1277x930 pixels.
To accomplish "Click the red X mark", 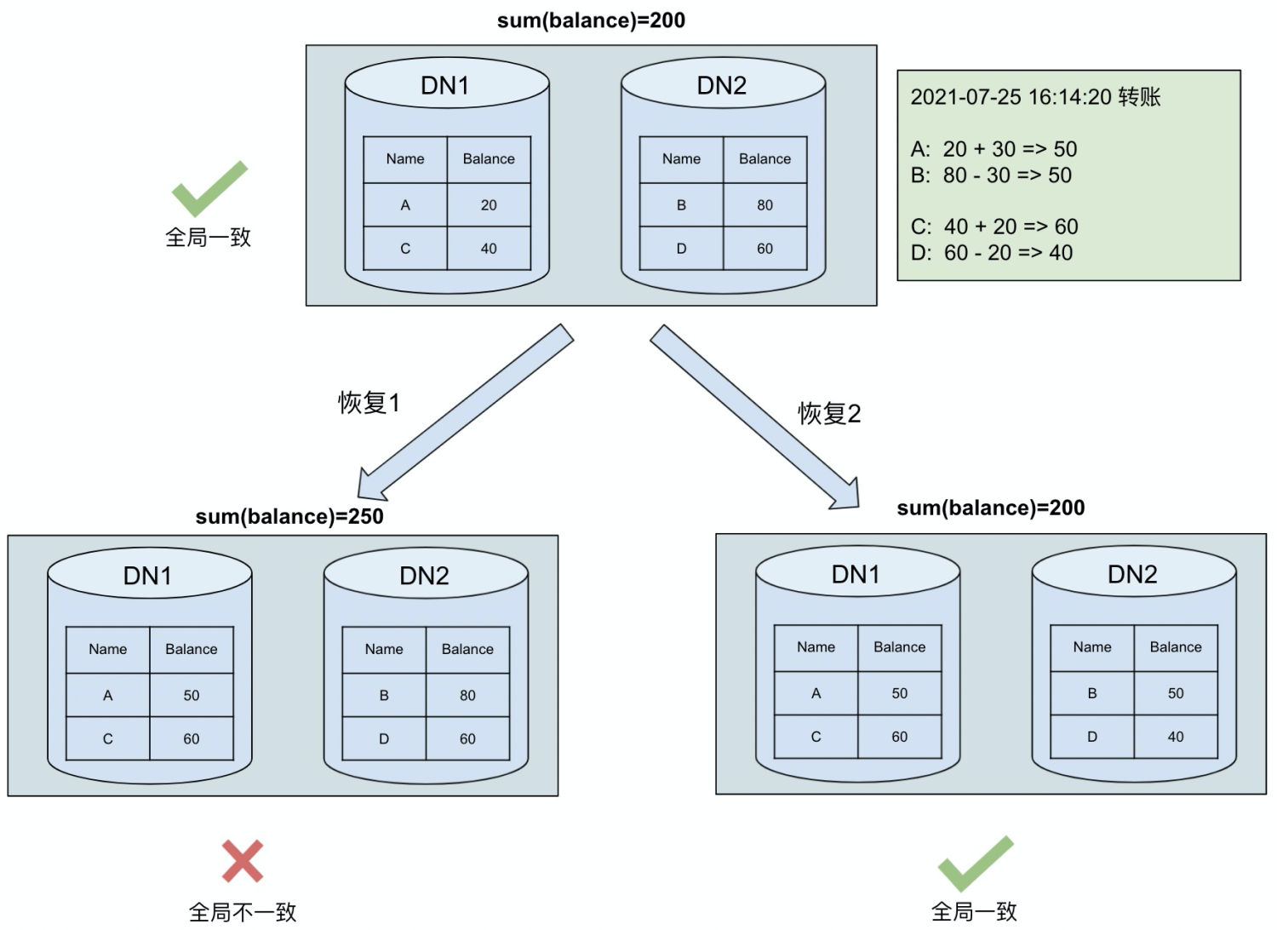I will [x=243, y=861].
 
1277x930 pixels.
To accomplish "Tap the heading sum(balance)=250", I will [x=289, y=517].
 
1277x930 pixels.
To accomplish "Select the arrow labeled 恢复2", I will [x=754, y=416].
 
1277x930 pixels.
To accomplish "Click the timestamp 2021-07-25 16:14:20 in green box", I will [x=1012, y=97].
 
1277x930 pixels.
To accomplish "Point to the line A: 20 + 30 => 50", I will [x=994, y=149].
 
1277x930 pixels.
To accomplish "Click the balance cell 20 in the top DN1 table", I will [x=489, y=205].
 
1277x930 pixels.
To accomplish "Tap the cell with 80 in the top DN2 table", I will [x=764, y=205].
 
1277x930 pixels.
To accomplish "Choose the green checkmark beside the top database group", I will [x=209, y=188].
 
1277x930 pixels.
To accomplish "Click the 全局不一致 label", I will [x=243, y=912].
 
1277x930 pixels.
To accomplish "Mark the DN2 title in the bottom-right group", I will [x=1132, y=575].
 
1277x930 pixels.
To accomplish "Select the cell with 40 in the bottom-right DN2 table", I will [x=1175, y=737].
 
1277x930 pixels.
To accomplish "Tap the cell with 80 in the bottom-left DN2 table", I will [x=467, y=696].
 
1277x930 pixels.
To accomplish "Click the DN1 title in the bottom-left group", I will [x=148, y=577].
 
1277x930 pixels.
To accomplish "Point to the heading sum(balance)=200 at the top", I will [x=591, y=20].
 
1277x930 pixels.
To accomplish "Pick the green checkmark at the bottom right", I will [x=975, y=864].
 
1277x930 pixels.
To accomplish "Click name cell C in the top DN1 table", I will [x=405, y=249].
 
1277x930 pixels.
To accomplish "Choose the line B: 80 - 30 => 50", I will [x=991, y=175].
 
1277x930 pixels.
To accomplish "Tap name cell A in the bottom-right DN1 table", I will [x=816, y=693].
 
